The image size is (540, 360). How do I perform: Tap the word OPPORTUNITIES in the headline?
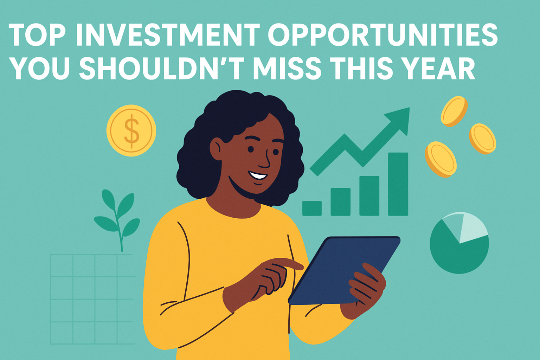click(x=383, y=35)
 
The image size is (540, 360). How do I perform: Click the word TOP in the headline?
click(x=37, y=35)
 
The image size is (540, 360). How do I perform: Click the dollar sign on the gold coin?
click(x=131, y=131)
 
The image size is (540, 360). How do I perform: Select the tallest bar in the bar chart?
click(x=398, y=184)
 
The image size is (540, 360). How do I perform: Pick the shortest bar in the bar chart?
click(x=312, y=208)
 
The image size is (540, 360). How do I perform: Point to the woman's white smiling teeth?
click(x=258, y=175)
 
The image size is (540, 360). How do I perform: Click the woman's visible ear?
click(x=216, y=149)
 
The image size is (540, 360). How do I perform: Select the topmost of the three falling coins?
click(x=454, y=111)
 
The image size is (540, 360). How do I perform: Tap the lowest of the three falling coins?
click(x=441, y=159)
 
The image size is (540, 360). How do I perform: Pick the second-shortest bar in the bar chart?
click(x=340, y=201)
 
